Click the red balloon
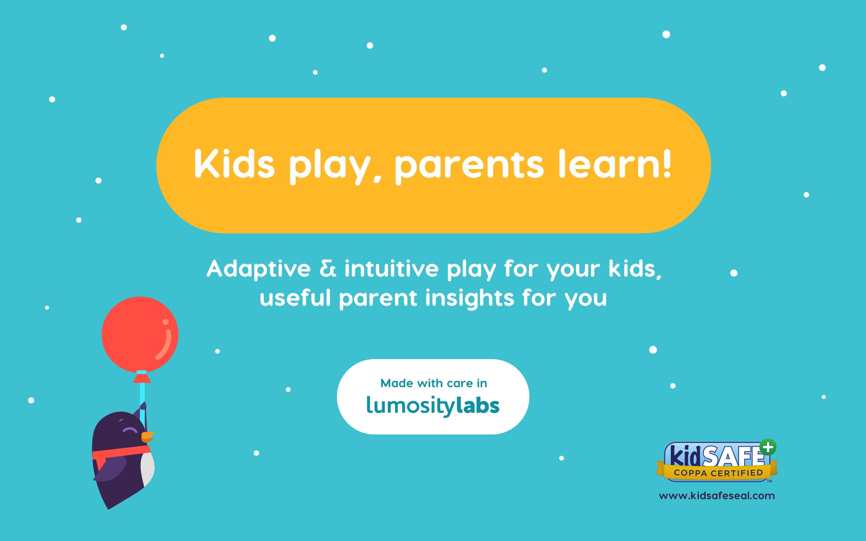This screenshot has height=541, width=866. (140, 334)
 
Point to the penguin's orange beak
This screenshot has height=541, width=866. (147, 437)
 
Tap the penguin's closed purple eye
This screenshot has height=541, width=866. (130, 430)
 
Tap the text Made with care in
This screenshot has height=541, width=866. (433, 383)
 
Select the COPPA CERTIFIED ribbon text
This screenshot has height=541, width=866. (718, 473)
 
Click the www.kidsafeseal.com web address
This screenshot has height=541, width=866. (717, 496)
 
